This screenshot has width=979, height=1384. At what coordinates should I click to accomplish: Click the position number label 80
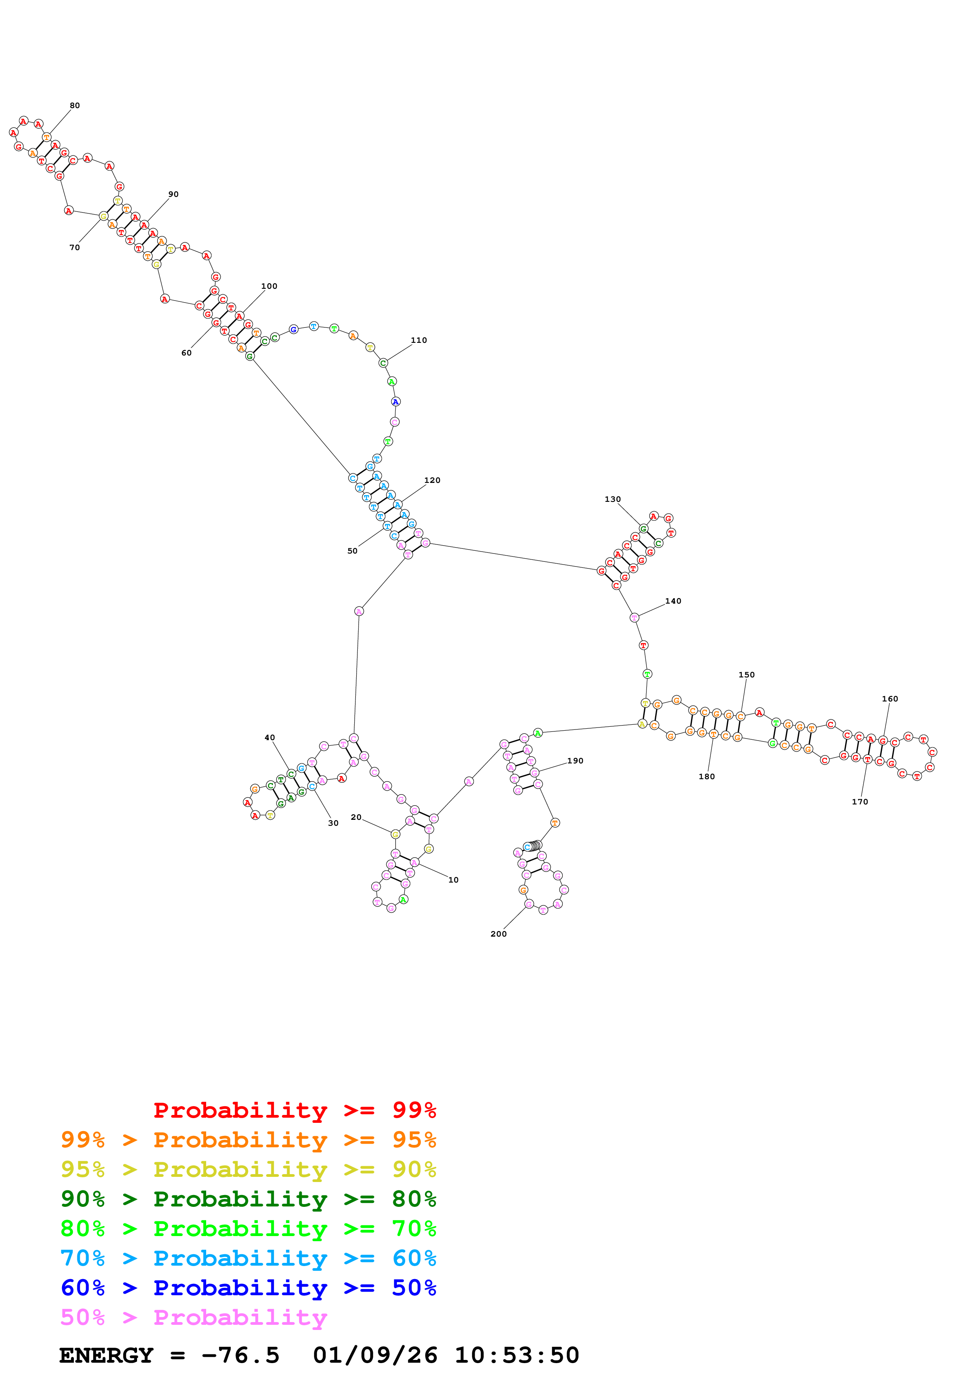coord(74,105)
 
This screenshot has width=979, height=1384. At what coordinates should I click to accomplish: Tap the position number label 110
coord(419,340)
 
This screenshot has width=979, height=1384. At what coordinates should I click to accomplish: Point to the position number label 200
coord(498,934)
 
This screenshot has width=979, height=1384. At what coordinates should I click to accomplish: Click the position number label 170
coord(860,802)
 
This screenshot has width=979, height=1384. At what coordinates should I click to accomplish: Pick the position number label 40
coord(270,737)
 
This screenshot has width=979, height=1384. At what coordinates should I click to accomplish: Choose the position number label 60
coord(186,353)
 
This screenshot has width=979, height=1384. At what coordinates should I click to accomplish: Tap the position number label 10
coord(453,880)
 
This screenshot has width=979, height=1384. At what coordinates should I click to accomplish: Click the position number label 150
coord(746,675)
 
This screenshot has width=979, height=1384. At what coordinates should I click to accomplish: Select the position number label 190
coord(575,761)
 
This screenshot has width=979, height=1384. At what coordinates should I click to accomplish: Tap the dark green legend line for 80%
coord(248,1199)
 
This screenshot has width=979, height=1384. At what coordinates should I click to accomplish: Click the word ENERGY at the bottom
coord(106,1355)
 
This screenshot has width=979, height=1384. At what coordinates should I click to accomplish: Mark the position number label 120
coord(432,481)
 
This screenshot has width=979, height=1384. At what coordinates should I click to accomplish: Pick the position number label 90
coord(173,194)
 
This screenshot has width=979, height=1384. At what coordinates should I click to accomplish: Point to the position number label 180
coord(707,776)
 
